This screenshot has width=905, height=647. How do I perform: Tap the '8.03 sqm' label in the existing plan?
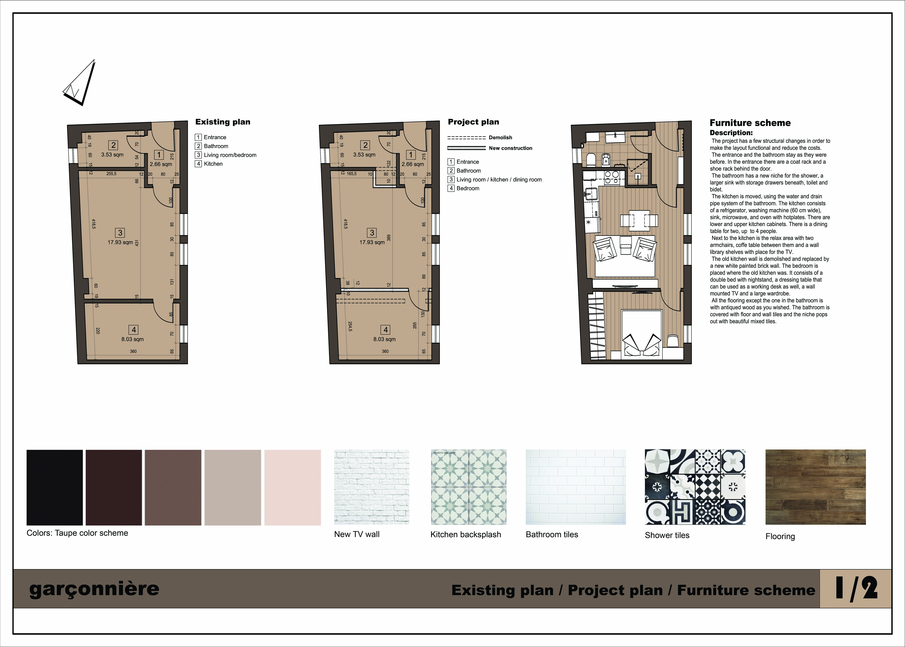(x=133, y=339)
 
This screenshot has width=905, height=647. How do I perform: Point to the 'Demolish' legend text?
(x=500, y=137)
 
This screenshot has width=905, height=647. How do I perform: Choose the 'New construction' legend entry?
(x=511, y=148)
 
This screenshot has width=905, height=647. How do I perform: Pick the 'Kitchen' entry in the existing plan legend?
(x=213, y=164)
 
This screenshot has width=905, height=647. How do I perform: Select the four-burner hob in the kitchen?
(x=611, y=177)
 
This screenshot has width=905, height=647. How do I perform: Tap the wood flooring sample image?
(x=815, y=487)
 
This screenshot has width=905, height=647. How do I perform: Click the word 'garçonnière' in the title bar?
(x=94, y=589)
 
